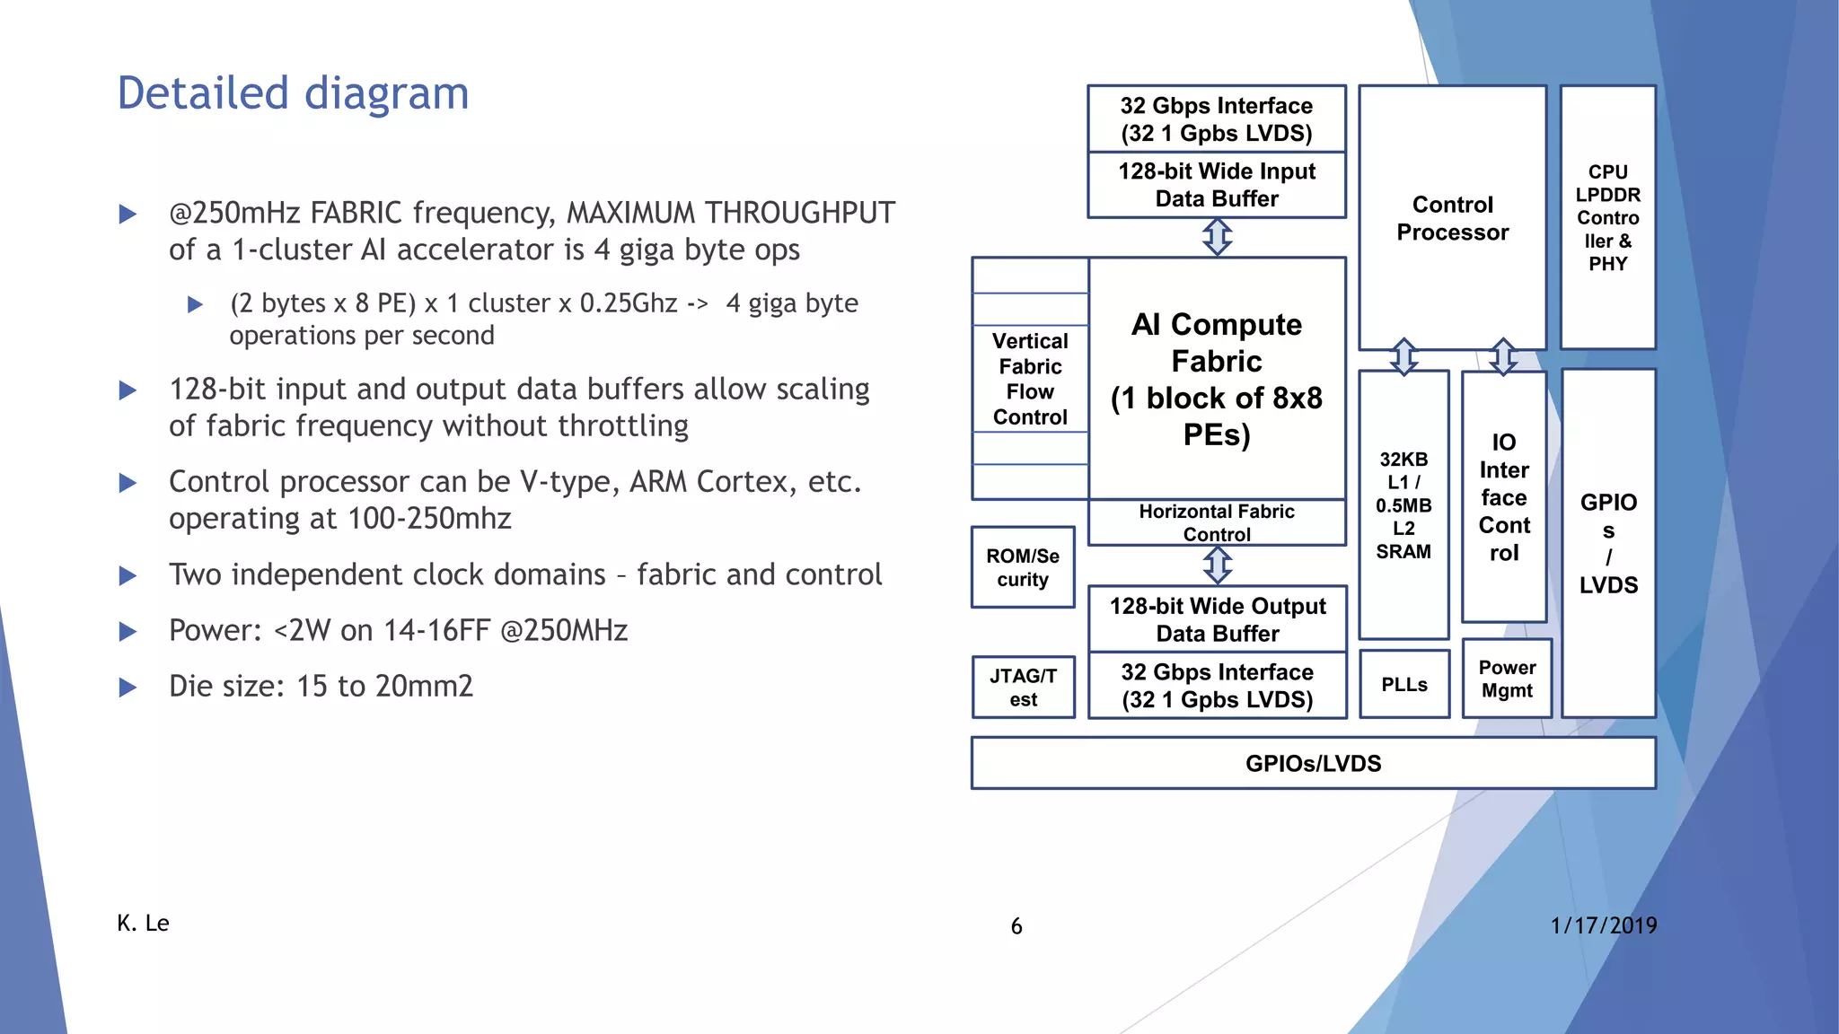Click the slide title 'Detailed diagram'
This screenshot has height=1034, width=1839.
293,93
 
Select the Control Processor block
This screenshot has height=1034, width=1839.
1452,218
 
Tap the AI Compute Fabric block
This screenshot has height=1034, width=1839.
1217,379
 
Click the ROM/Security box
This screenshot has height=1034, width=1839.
1023,567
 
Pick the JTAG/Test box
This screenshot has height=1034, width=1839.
1023,688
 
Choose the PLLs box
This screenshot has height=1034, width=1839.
1404,685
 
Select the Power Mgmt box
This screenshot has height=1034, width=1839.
1507,679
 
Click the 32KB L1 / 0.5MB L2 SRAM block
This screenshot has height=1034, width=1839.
1403,504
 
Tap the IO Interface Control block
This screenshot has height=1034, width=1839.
1504,497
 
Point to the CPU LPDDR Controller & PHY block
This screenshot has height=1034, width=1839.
1607,217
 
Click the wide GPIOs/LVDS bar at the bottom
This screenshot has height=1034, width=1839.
1313,764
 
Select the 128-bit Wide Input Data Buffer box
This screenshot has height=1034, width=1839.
1217,185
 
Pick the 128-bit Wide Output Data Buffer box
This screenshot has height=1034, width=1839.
1218,619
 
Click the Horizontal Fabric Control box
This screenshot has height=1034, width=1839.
1217,522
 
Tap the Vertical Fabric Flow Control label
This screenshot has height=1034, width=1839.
1030,379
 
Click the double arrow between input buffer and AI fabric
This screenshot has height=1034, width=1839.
1218,238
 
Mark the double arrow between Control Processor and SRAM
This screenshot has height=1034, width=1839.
1404,356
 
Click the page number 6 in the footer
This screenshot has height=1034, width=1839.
1016,926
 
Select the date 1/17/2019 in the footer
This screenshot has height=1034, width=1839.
1603,925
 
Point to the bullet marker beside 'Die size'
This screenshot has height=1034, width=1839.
128,688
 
